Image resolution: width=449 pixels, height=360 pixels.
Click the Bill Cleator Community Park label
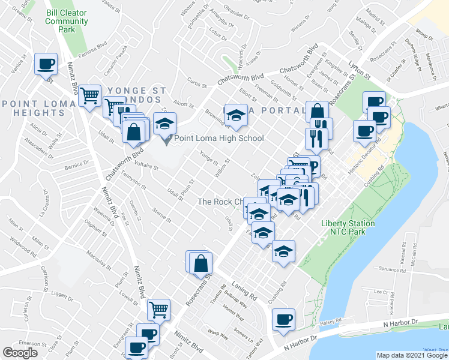[x=67, y=20]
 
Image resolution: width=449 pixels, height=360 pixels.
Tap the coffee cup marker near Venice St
[x=46, y=64]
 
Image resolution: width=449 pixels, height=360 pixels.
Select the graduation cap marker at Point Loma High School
[x=164, y=124]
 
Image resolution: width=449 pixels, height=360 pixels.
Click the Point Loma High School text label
[x=218, y=139]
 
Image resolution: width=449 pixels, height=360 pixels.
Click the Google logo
[x=20, y=353]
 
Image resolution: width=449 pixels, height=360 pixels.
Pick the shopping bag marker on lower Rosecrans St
[x=200, y=263]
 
